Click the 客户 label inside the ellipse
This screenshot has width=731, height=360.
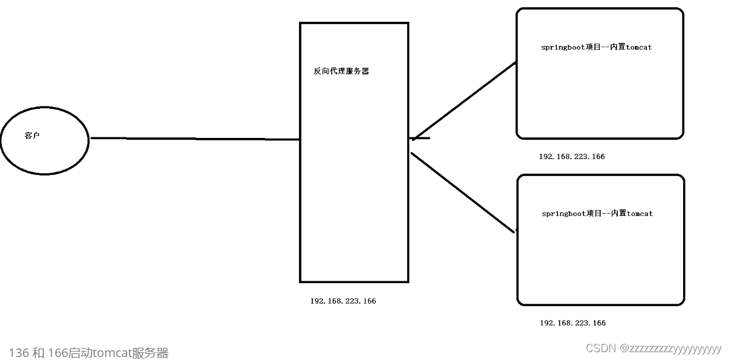point(32,136)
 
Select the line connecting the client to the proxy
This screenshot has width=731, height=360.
point(194,139)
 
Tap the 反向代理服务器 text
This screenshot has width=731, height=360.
point(341,71)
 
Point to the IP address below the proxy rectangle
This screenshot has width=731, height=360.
point(343,301)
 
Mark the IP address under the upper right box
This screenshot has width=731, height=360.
point(571,156)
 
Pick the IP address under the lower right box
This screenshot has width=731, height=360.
point(572,322)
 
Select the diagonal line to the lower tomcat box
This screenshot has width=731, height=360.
point(463,192)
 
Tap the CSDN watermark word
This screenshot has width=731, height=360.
point(600,348)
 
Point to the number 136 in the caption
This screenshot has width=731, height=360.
point(19,353)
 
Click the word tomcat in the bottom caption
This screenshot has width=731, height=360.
point(114,353)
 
